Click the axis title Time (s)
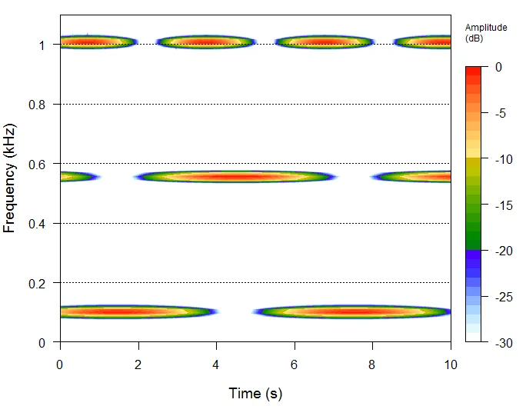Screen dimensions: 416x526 [255, 394]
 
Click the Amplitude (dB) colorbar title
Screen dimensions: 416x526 [486, 32]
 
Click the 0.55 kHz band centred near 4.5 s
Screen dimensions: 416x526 [235, 177]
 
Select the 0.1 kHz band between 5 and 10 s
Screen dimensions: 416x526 [354, 312]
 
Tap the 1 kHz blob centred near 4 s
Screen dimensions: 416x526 [205, 42]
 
